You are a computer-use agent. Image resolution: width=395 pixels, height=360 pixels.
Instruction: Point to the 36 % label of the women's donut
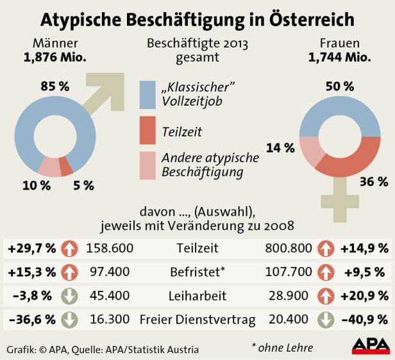click(x=369, y=181)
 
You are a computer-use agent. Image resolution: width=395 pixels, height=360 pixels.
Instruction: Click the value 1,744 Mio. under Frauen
click(x=339, y=58)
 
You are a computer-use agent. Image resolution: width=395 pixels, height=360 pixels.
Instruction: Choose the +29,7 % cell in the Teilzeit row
click(x=31, y=247)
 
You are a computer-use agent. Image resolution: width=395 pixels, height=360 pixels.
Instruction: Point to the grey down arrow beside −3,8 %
click(x=70, y=295)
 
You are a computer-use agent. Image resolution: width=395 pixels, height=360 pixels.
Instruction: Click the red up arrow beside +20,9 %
click(x=325, y=295)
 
